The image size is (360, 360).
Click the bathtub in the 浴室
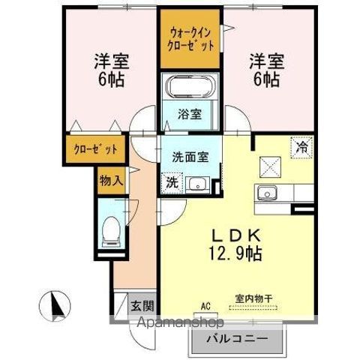(191, 88)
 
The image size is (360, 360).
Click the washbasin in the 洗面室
(198, 183)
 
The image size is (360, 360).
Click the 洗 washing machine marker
(172, 182)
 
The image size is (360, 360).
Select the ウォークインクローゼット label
(191, 39)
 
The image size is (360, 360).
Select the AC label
(205, 305)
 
